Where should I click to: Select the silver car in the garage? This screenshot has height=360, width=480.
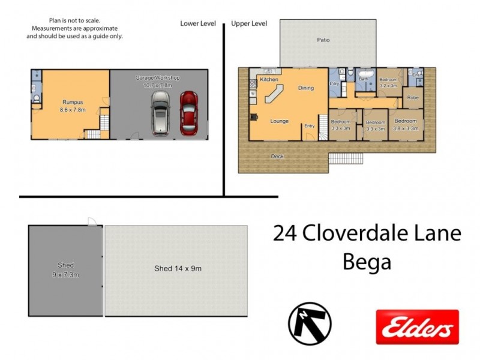pos(161,112)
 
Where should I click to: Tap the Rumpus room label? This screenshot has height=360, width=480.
pos(74,106)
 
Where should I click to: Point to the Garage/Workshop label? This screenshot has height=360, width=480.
pos(157,82)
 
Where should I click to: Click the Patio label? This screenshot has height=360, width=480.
pos(323,40)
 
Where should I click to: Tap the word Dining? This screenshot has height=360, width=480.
pos(306,88)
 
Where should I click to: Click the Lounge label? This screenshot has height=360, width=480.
pos(279,121)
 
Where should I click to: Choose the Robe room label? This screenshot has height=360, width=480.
pos(413,97)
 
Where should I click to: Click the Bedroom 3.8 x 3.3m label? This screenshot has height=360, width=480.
pos(406,124)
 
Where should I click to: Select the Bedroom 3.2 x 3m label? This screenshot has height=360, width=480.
pos(388,82)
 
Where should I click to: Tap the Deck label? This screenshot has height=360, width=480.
pos(277,157)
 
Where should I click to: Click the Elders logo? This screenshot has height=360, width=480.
pos(417,327)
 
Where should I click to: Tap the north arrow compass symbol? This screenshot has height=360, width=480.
pos(310,323)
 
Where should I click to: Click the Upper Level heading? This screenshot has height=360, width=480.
pos(249,23)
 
